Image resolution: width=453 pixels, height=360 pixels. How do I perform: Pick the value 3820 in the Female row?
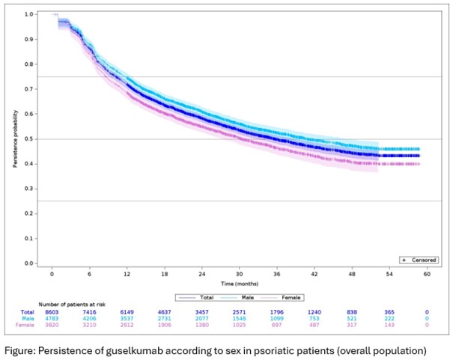pos(52,323)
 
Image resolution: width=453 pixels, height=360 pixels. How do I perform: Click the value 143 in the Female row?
pos(389,323)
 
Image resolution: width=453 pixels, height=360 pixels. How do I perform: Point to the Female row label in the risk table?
pos(25,323)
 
